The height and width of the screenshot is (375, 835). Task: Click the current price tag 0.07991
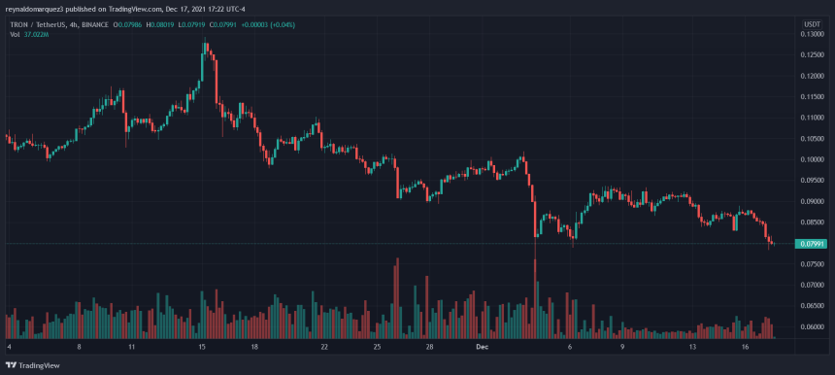pos(812,243)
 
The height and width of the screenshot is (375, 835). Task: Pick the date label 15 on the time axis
pos(201,346)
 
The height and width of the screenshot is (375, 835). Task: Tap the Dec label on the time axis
pos(482,346)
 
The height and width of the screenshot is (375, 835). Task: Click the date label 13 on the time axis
pos(692,346)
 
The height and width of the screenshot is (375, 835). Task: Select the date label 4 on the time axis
pos(9,346)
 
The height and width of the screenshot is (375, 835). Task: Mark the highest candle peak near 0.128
pos(205,42)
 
